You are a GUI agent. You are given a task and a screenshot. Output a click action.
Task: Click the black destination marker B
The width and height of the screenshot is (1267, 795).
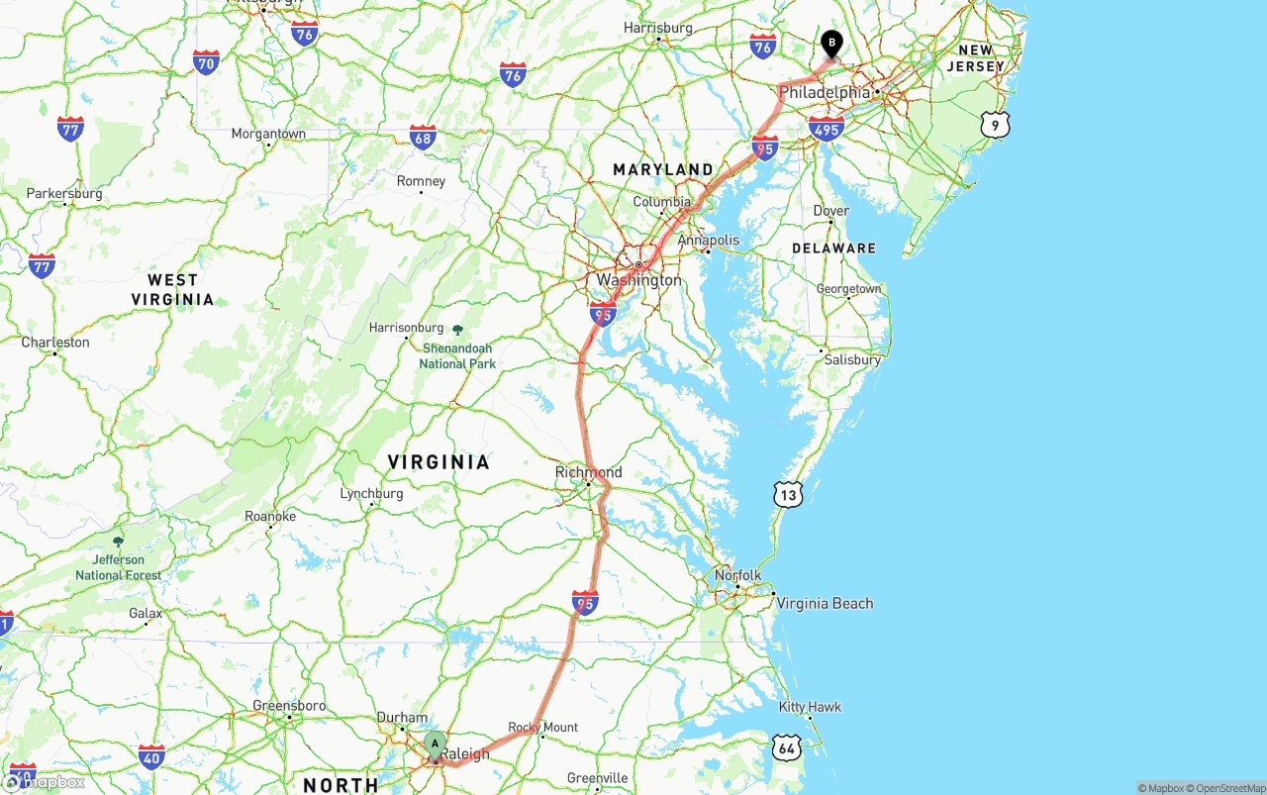tap(832, 43)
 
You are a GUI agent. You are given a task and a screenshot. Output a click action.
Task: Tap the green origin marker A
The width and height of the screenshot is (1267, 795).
tap(435, 745)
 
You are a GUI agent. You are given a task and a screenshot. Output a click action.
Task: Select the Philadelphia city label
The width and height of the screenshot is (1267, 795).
tap(825, 92)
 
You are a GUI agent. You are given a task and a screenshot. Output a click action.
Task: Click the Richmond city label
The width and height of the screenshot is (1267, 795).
tap(588, 472)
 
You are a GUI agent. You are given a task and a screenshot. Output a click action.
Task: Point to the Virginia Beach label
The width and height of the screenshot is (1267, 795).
tap(825, 603)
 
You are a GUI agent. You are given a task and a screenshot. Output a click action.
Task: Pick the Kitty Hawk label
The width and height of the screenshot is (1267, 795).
tap(810, 707)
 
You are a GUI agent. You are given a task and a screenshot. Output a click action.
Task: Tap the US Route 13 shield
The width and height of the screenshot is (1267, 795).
tap(787, 494)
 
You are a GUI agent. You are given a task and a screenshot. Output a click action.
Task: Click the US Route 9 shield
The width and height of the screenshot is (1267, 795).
tap(997, 125)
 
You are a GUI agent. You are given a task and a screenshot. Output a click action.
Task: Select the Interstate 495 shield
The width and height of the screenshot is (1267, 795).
tap(826, 128)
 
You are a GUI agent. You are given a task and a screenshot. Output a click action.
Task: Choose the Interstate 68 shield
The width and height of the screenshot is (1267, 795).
tap(423, 138)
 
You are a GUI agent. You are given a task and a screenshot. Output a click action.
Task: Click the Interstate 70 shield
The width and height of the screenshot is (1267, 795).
tap(207, 62)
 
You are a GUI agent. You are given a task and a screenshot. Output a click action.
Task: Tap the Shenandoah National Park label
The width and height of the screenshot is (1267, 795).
tap(457, 355)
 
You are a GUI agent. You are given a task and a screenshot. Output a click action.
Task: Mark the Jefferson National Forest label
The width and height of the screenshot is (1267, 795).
tap(119, 567)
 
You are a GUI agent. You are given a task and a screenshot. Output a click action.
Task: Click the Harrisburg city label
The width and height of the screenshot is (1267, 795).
tap(658, 28)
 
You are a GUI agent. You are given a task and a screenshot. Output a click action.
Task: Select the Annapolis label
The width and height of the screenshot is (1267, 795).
tap(708, 240)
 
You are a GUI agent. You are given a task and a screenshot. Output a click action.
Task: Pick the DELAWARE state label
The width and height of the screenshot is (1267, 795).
tap(833, 248)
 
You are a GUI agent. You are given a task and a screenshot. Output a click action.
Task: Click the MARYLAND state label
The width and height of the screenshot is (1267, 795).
tap(662, 169)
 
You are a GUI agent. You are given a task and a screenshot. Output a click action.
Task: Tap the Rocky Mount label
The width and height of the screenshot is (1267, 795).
tap(543, 727)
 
